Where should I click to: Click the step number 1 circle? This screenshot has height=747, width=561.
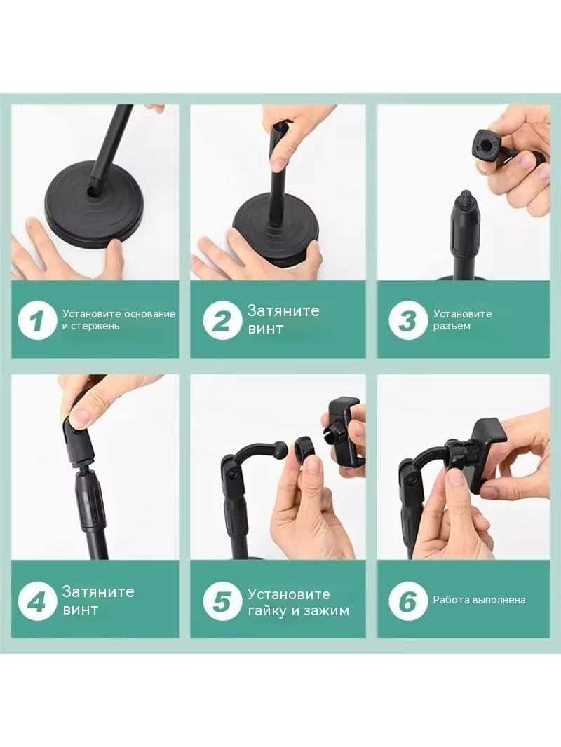[38, 320]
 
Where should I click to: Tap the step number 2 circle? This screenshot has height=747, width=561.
[222, 320]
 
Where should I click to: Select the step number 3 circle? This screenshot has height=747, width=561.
[407, 320]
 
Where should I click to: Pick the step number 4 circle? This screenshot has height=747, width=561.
[38, 601]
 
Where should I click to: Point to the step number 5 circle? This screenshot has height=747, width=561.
[222, 601]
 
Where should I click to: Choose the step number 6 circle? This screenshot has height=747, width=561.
[407, 601]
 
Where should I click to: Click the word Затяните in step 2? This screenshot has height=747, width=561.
[283, 310]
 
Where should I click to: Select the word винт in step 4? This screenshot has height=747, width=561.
[80, 610]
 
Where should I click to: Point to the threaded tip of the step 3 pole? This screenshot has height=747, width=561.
[465, 196]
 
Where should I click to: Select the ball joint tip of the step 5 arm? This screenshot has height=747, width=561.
[281, 448]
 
